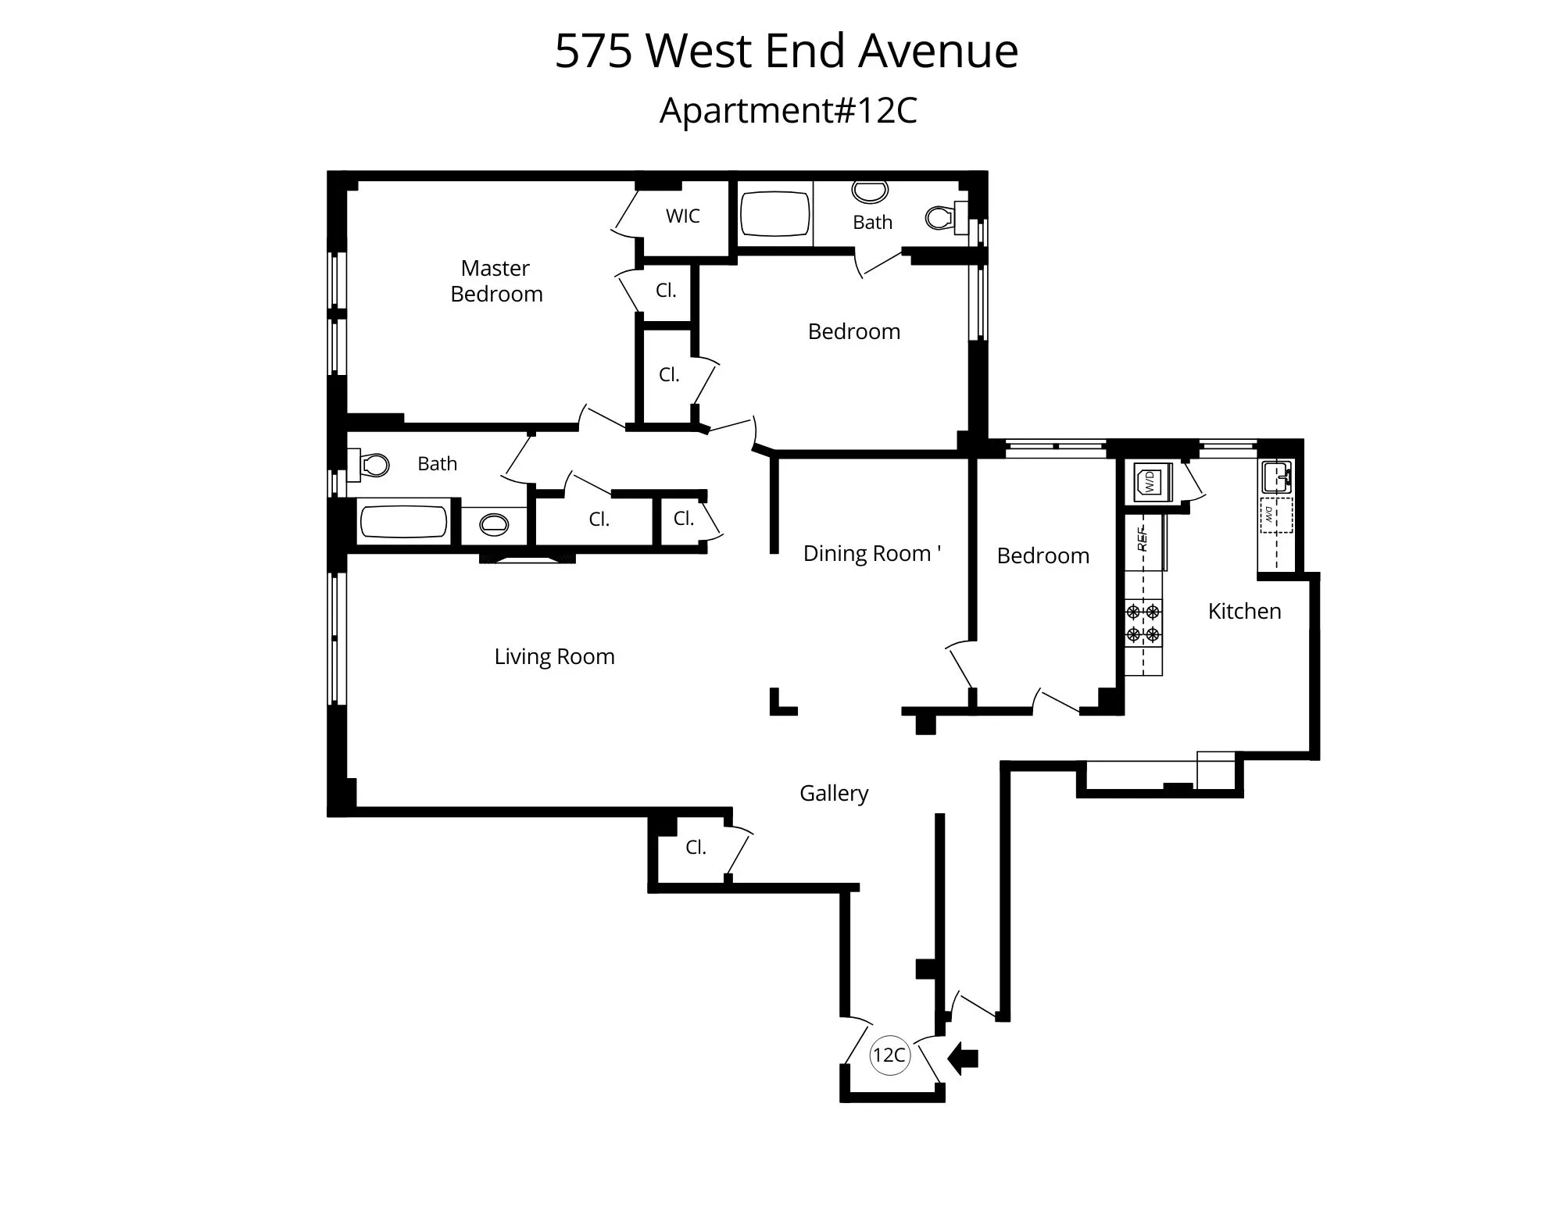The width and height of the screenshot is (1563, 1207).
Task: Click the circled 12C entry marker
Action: point(889,1055)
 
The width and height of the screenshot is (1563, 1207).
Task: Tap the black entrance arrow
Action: point(963,1059)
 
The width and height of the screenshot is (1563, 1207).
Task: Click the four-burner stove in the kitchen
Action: point(1143,623)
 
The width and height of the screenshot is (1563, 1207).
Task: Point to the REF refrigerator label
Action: point(1142,539)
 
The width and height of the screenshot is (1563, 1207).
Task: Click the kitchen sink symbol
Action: point(1276,476)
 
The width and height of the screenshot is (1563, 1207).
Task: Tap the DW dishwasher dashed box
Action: point(1275,515)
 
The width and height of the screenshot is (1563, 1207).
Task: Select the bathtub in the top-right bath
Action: point(774,214)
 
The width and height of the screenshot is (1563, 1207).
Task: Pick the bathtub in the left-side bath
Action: point(402,522)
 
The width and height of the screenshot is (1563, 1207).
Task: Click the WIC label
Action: point(682,216)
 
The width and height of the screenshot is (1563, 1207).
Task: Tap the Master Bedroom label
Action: point(496,281)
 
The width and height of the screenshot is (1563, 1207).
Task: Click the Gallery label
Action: point(834,793)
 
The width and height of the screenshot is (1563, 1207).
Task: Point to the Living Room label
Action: point(554,657)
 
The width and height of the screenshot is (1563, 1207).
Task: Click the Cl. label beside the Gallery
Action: point(696,848)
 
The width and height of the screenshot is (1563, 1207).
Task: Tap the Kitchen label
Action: point(1244,611)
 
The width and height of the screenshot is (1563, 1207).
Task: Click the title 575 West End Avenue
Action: point(786,52)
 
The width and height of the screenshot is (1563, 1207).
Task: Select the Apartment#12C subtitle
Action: point(788,110)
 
